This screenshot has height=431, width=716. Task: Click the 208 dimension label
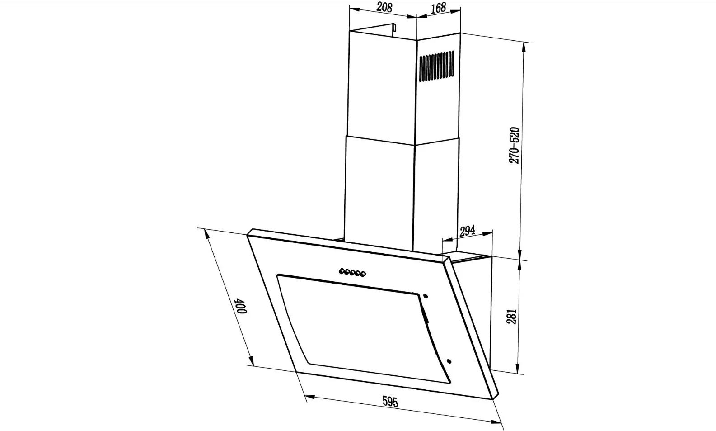click(384, 7)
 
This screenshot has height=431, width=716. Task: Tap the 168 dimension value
click(438, 8)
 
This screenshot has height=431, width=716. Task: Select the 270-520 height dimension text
click(514, 146)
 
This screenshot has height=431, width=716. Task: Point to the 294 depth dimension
click(467, 231)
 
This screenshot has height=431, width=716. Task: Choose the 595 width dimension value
click(390, 401)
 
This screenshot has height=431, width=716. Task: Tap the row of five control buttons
click(352, 272)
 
